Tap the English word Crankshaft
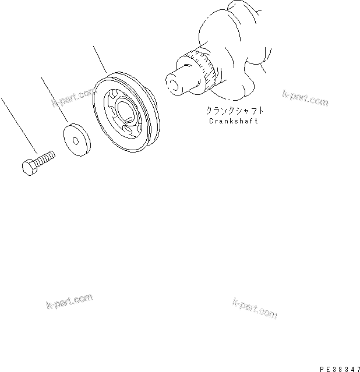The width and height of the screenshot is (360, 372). pos(232,121)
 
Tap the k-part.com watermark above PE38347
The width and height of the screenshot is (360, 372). pos(255,308)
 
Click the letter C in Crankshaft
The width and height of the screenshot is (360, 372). pos(211,121)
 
